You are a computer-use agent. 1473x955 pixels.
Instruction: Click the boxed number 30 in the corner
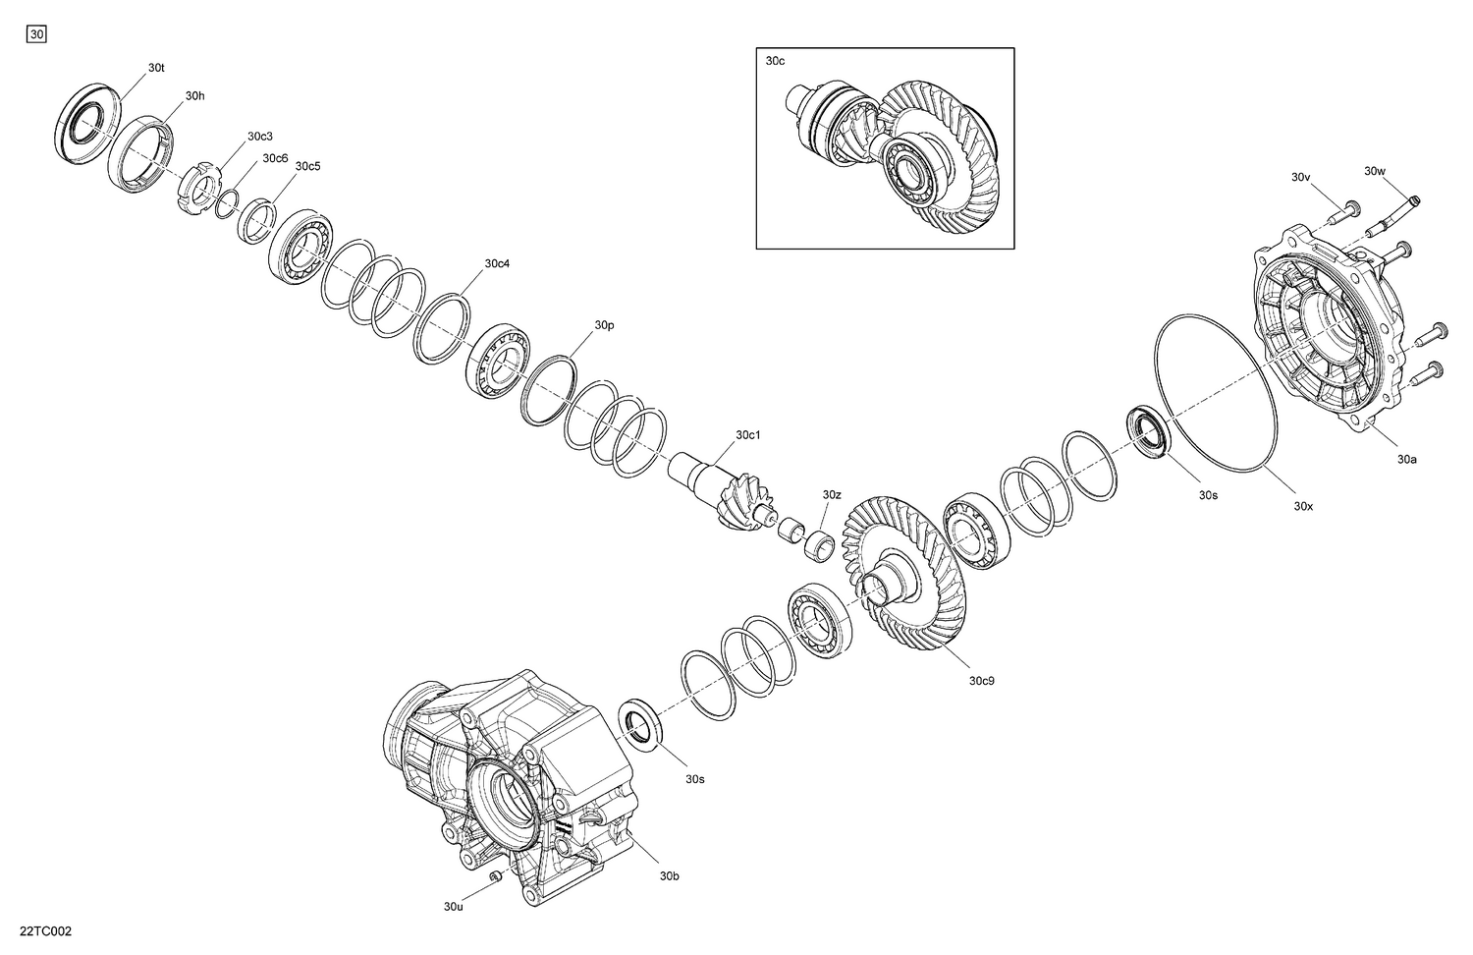pos(36,34)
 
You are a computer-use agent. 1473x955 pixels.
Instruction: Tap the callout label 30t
pos(156,68)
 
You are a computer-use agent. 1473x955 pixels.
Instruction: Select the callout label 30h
pos(195,96)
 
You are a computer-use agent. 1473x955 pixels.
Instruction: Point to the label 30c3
pos(260,136)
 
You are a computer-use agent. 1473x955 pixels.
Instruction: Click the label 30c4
pos(497,264)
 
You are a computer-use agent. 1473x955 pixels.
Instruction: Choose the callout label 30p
pos(604,325)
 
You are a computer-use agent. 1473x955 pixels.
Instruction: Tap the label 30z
pos(832,494)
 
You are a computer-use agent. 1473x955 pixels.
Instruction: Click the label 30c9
pos(982,680)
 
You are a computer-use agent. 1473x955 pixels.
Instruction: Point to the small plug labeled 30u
pos(496,874)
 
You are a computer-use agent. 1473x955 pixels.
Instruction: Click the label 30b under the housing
pos(669,875)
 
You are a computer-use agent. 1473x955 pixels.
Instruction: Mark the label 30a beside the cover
pos(1407,459)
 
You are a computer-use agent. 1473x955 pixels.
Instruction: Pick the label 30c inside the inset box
pos(775,61)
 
